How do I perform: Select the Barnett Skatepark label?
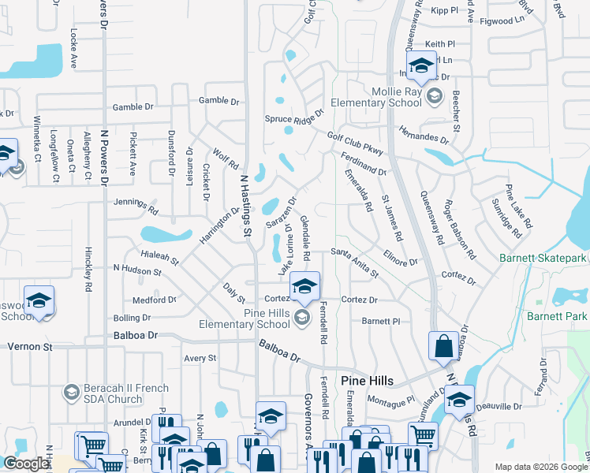click(543, 258)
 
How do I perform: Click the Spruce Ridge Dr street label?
click(294, 118)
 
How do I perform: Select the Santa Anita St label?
click(354, 263)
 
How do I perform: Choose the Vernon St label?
click(30, 346)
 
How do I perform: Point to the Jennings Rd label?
click(136, 205)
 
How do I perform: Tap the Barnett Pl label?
click(382, 321)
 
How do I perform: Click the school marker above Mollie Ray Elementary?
click(421, 66)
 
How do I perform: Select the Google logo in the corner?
click(25, 464)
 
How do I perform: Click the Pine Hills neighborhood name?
click(367, 381)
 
